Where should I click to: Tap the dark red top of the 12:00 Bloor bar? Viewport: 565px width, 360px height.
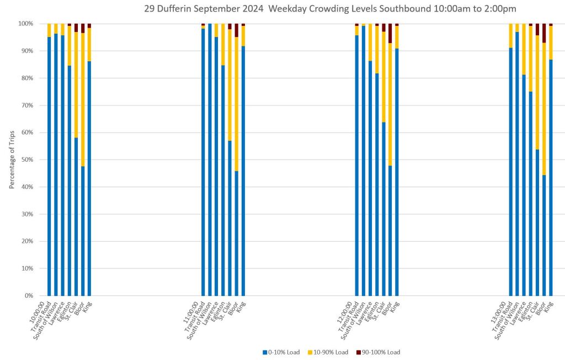pos(390,33)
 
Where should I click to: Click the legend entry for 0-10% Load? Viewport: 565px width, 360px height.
pos(281,352)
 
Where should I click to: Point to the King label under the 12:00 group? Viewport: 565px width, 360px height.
pos(394,307)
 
